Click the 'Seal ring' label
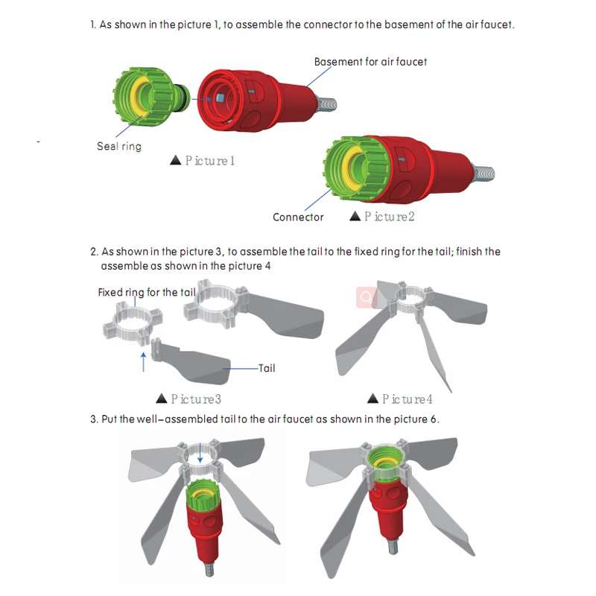(119, 146)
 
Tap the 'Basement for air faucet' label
(370, 62)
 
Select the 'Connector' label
(298, 217)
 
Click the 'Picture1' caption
(210, 161)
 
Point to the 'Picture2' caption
(389, 217)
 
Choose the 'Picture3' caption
(196, 399)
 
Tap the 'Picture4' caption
(407, 399)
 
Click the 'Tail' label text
(267, 368)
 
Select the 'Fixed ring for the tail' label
(147, 292)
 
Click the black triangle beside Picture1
(175, 160)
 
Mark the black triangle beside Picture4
(373, 399)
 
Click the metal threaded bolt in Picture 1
(326, 104)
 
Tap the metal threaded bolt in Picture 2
(484, 174)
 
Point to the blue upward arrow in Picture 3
(143, 362)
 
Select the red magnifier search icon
(367, 297)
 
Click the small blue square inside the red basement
(219, 98)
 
